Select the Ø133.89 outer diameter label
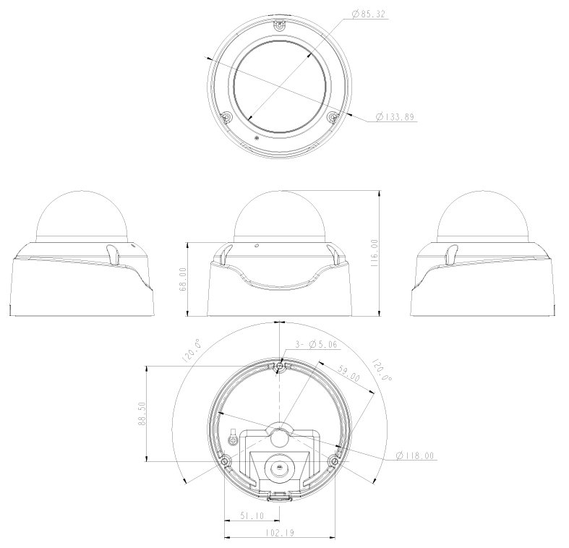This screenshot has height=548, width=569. [395, 117]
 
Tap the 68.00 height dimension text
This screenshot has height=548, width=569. [183, 278]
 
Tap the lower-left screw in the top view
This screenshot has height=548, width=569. [226, 116]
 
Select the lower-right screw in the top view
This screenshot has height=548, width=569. [333, 116]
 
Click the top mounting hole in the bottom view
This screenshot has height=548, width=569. [280, 367]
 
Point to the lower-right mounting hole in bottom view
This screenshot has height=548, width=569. [333, 461]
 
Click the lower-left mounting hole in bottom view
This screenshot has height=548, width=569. [226, 461]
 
